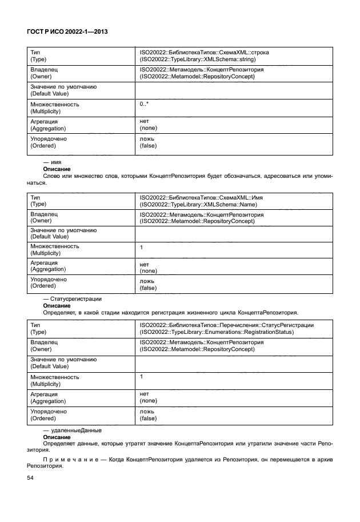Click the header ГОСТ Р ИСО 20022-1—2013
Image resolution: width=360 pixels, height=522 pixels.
click(67, 33)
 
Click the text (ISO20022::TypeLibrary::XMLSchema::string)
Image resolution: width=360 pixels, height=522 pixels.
click(197, 58)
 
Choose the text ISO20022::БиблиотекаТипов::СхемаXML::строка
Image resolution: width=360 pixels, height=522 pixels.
click(205, 52)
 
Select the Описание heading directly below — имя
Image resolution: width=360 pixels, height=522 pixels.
click(57, 170)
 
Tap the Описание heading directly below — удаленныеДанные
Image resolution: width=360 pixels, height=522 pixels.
click(57, 437)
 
